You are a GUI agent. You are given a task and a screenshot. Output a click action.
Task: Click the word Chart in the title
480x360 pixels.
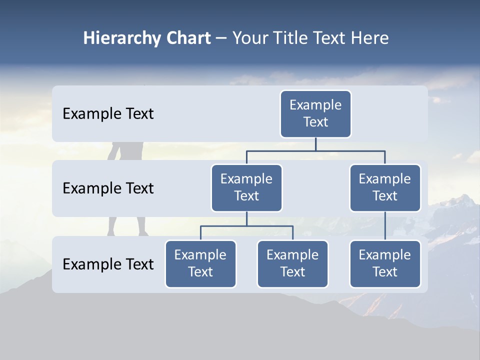[188, 38]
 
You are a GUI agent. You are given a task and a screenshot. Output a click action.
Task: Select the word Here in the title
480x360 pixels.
[370, 38]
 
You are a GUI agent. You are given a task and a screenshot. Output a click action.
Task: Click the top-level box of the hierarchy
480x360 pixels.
[315, 113]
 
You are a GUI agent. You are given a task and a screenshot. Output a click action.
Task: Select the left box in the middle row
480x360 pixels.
[246, 187]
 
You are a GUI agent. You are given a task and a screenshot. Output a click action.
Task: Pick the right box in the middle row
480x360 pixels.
[385, 187]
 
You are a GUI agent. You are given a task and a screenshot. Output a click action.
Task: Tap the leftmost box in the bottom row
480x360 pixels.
[200, 263]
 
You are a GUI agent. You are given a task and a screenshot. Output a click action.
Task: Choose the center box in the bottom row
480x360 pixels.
[292, 263]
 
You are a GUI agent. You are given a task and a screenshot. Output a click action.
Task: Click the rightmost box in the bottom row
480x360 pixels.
[385, 263]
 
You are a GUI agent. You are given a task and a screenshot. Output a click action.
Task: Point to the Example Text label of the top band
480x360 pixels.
[108, 114]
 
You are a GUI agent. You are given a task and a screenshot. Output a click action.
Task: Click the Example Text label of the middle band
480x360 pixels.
[108, 188]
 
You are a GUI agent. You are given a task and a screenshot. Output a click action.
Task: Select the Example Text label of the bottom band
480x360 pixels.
[108, 264]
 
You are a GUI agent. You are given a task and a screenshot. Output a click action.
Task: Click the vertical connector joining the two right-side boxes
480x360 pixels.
[385, 225]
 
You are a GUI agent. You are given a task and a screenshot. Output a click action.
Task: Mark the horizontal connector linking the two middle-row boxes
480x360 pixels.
[315, 150]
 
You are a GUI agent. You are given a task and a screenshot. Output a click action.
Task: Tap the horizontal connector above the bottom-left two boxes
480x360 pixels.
[246, 226]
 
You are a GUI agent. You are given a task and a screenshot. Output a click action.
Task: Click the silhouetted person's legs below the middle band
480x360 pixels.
[127, 226]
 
